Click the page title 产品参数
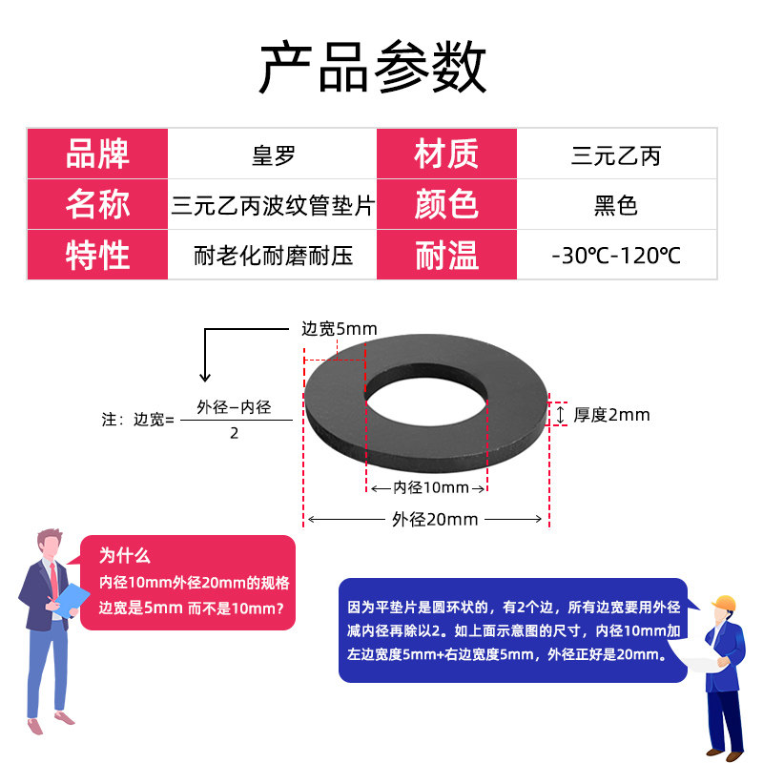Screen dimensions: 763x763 click(373, 67)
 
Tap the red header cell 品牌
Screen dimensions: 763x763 click(97, 154)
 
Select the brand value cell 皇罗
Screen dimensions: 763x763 click(273, 154)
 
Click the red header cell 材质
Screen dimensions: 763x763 click(446, 154)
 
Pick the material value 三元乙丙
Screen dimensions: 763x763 click(616, 155)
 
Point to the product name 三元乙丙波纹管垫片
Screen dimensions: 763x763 click(273, 205)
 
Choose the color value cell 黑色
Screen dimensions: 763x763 click(616, 205)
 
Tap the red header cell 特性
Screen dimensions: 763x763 click(97, 255)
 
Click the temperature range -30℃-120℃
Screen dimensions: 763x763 click(616, 256)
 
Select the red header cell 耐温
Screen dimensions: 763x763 click(446, 255)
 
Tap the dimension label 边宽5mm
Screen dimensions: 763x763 click(340, 329)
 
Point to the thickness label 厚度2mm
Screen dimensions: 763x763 click(611, 415)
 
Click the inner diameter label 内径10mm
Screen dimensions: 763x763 click(431, 487)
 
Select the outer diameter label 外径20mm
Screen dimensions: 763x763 click(435, 519)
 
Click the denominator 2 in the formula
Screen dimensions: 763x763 click(234, 433)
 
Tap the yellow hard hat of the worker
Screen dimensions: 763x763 click(724, 603)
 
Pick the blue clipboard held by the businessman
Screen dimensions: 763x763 click(72, 599)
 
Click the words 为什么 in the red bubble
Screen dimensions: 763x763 click(125, 555)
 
